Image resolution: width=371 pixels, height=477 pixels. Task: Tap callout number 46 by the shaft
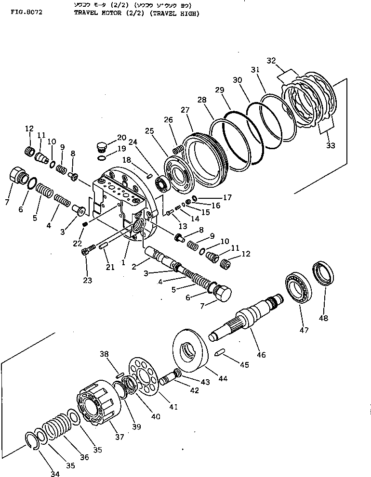(261, 355)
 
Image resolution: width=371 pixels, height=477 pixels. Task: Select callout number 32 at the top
(271, 61)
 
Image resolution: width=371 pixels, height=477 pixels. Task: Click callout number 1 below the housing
(123, 263)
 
